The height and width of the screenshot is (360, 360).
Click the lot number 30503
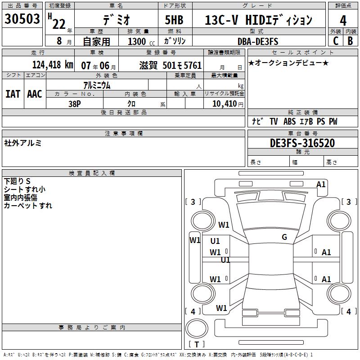click(x=22, y=18)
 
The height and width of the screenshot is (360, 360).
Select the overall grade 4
click(x=343, y=20)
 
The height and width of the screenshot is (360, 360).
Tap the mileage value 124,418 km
click(x=53, y=65)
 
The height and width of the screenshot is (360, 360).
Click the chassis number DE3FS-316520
click(x=302, y=143)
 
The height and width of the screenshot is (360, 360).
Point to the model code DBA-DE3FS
click(x=258, y=41)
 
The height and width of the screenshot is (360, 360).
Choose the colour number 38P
click(x=75, y=104)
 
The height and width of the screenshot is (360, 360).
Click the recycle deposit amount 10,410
click(x=225, y=104)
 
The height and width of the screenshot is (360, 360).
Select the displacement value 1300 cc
click(x=141, y=41)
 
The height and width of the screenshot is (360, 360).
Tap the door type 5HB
click(x=174, y=20)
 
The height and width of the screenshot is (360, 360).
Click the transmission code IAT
click(x=13, y=94)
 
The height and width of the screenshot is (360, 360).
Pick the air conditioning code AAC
click(x=35, y=94)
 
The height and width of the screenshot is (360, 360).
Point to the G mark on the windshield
click(x=284, y=237)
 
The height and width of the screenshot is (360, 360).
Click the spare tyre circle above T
click(x=197, y=328)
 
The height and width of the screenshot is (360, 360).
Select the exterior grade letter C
click(x=336, y=41)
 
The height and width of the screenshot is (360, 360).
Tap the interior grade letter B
click(x=350, y=41)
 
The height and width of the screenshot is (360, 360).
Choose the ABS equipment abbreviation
click(x=289, y=121)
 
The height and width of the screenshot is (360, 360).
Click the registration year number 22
click(x=59, y=24)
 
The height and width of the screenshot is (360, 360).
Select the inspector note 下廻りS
click(x=17, y=181)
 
